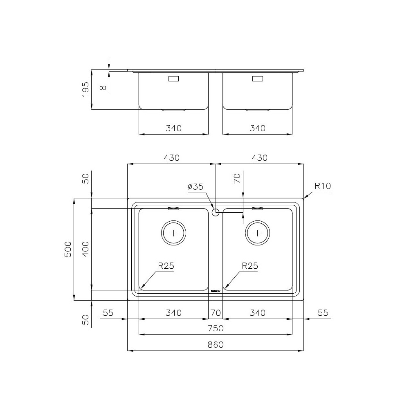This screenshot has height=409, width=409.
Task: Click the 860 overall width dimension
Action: click(x=216, y=345)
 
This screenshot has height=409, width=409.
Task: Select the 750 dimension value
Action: click(x=216, y=328)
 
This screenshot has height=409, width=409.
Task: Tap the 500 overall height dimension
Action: click(x=68, y=249)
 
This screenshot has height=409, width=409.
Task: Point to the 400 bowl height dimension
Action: click(x=85, y=249)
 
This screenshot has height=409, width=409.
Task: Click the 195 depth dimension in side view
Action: click(x=85, y=89)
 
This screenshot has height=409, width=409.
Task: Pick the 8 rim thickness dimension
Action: click(x=103, y=86)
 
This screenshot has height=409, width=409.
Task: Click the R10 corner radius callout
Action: click(x=322, y=186)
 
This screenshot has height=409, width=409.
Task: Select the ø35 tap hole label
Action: click(x=195, y=187)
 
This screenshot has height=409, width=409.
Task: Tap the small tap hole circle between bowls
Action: click(x=216, y=212)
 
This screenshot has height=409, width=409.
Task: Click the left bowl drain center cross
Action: click(x=174, y=233)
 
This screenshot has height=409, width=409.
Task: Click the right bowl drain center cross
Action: click(x=258, y=233)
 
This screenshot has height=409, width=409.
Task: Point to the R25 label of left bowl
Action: click(x=166, y=266)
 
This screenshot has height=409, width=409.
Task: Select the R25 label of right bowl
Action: click(x=250, y=266)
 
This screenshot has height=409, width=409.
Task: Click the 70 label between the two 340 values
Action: click(x=216, y=313)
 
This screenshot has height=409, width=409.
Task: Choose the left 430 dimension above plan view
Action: click(x=171, y=158)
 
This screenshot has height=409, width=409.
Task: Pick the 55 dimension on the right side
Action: click(x=323, y=313)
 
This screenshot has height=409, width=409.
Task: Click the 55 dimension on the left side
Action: click(x=108, y=313)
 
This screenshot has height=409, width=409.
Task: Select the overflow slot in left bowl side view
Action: click(x=174, y=79)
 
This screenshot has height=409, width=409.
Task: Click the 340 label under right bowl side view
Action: click(x=258, y=128)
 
